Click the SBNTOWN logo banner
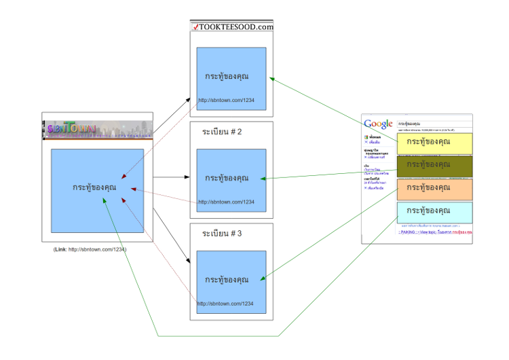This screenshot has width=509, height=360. (x=98, y=129)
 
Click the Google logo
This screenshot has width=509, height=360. (x=378, y=124)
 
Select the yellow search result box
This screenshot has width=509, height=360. (x=434, y=143)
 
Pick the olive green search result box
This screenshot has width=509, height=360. (x=434, y=166)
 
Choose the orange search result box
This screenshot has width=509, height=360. (x=434, y=189)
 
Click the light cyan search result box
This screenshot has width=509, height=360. (x=434, y=212)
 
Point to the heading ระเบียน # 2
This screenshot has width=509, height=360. (x=222, y=132)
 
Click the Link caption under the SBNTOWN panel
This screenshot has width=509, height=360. (x=90, y=249)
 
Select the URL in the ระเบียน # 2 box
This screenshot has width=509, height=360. (x=227, y=202)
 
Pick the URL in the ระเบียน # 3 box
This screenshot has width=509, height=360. (x=227, y=304)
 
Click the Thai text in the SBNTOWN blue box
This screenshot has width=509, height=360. (x=94, y=187)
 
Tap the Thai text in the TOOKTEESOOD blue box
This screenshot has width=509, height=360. (x=227, y=76)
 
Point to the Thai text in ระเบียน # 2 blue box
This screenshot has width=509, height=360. (x=227, y=178)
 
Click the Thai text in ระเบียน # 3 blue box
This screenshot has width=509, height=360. (x=227, y=279)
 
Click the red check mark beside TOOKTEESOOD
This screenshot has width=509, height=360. (x=195, y=28)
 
